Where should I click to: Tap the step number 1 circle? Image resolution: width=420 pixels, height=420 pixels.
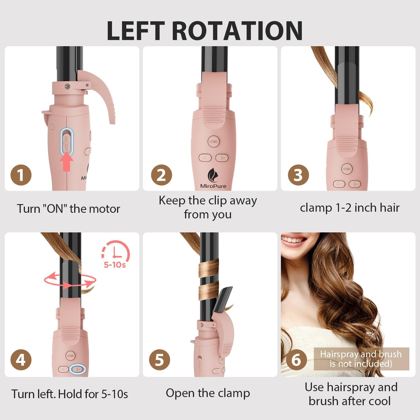[21, 175]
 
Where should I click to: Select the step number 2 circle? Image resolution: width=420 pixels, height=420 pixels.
[162, 175]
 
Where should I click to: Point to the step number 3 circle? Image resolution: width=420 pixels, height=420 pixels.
[298, 175]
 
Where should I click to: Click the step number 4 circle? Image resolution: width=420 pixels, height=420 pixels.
[21, 360]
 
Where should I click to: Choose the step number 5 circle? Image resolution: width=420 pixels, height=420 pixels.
[160, 360]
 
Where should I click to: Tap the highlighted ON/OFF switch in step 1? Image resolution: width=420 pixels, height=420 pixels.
[67, 142]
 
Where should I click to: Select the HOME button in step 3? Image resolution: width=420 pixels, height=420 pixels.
[347, 169]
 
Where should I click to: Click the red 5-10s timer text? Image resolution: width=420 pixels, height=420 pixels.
[115, 265]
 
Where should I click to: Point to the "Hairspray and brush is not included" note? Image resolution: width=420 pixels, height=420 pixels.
[361, 359]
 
